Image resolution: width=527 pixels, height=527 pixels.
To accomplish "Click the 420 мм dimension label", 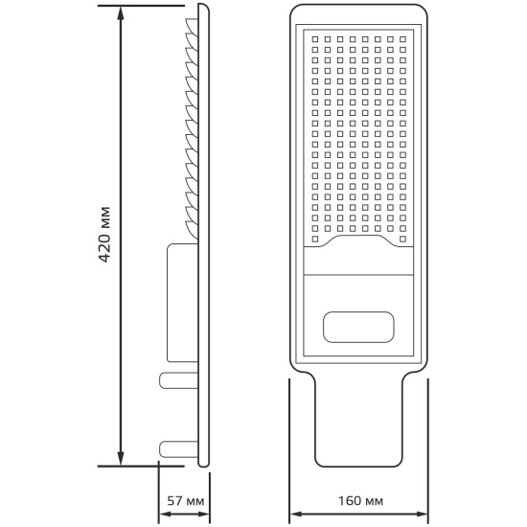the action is [105, 234].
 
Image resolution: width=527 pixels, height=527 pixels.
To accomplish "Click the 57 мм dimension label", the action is [186, 501].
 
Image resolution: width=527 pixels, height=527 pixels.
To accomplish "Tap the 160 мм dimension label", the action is [360, 501].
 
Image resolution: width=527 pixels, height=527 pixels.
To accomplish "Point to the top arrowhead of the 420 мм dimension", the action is [121, 13].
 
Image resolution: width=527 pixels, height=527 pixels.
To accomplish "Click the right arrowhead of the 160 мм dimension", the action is [421, 515].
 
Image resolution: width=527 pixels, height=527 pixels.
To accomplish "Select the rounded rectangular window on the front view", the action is [358, 327].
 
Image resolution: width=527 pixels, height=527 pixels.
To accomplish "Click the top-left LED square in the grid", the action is [315, 39].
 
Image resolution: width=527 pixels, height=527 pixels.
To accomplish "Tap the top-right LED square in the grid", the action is [403, 39].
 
